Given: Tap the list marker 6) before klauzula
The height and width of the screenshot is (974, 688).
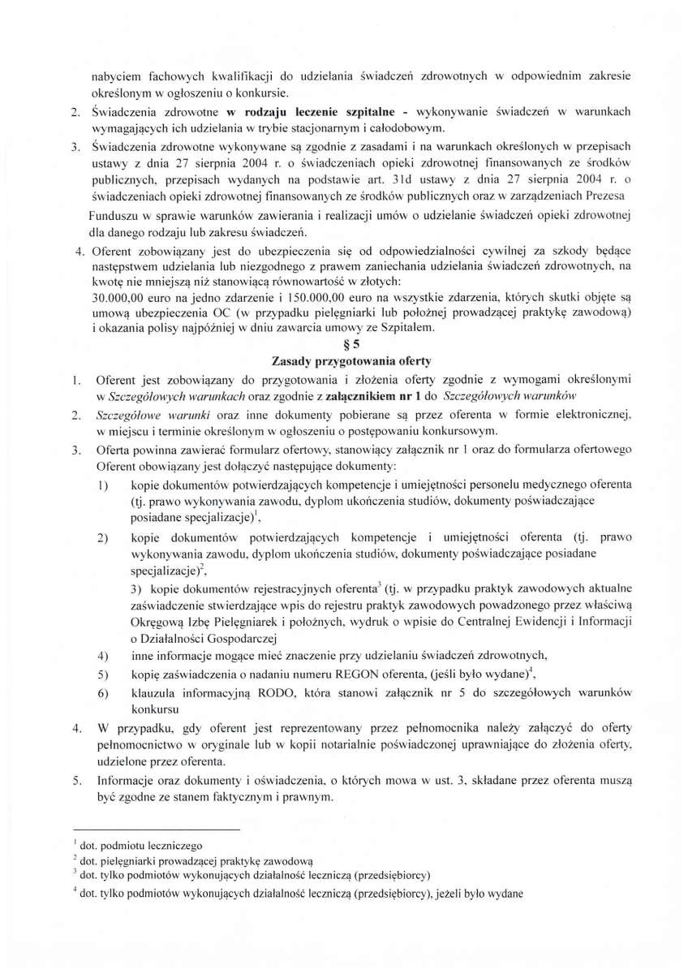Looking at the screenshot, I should point(103,692).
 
